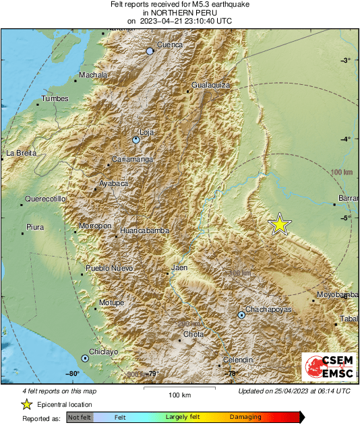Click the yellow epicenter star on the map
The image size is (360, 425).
[x=280, y=225]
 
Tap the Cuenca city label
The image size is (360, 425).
[x=170, y=45]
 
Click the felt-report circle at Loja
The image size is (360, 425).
[x=136, y=140]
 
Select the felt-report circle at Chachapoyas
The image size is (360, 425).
[x=241, y=315]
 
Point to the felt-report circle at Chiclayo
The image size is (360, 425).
[x=85, y=358]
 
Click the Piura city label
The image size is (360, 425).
[x=34, y=228]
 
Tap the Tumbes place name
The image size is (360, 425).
[x=55, y=99]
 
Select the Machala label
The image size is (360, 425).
[x=93, y=75]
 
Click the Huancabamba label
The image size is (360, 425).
[x=144, y=231]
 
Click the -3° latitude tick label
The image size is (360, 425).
[x=345, y=61]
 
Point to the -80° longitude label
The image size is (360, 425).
[x=72, y=374]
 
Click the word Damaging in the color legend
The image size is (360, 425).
[x=245, y=418]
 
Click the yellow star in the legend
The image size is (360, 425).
[x=26, y=405]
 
